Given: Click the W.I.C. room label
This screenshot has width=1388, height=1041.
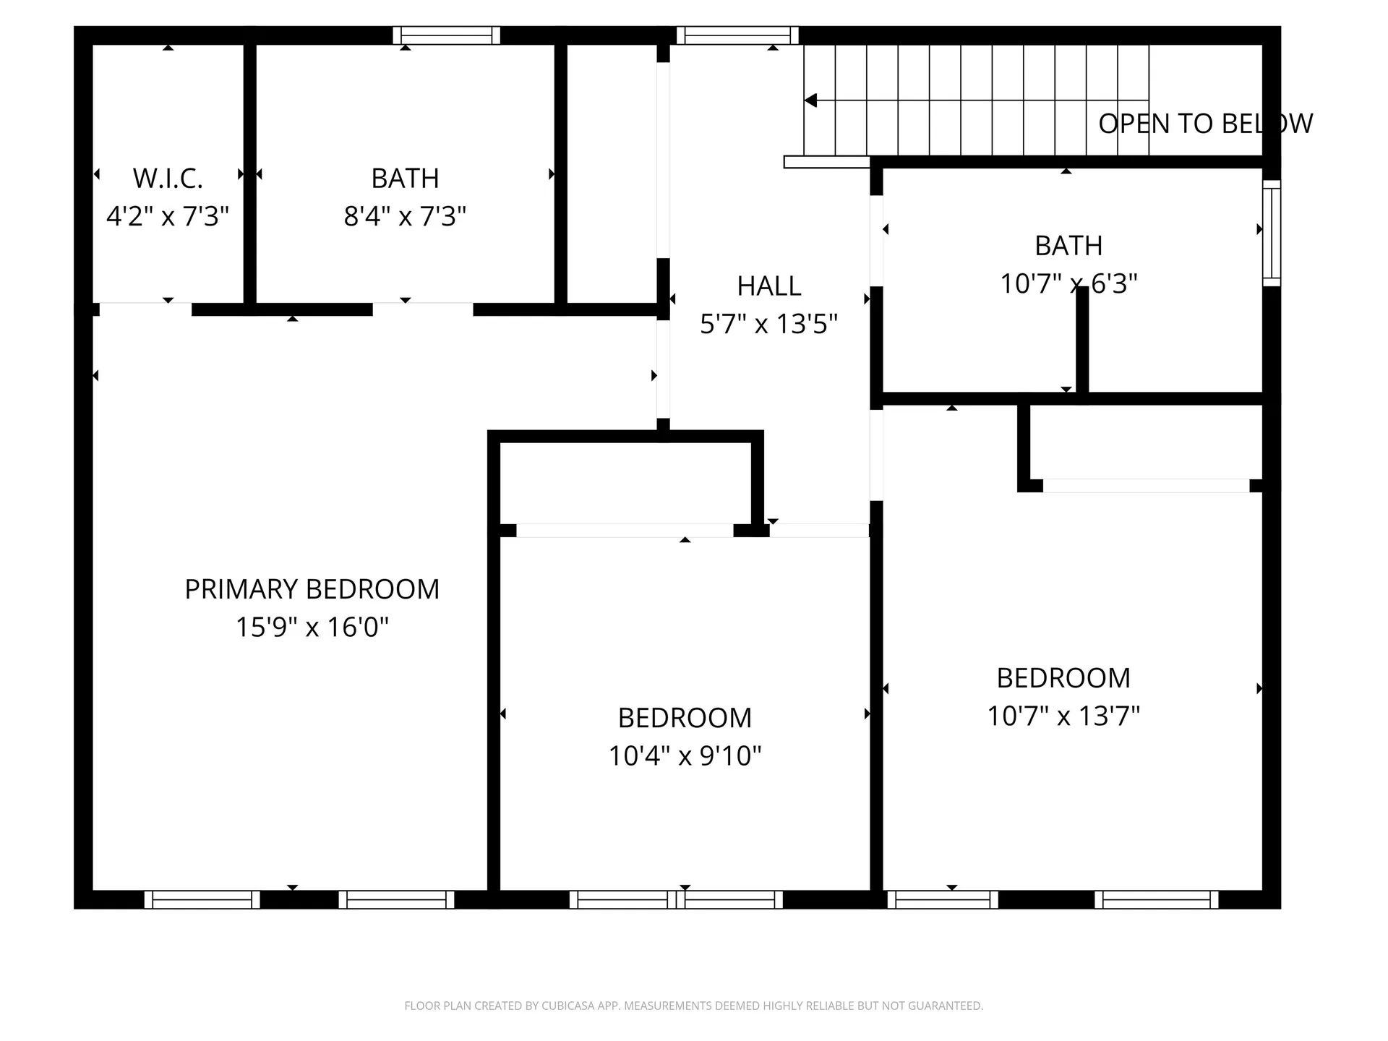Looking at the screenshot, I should point(168,178).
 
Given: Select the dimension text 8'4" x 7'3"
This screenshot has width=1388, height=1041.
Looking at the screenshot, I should point(405,216).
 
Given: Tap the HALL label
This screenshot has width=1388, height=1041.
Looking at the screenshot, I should point(768,286).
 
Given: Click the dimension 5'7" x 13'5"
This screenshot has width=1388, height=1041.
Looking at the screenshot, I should point(768,324).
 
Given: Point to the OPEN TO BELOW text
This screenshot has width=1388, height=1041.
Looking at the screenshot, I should point(1205,124).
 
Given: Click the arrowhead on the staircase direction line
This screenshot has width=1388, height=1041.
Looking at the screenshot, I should point(811,100).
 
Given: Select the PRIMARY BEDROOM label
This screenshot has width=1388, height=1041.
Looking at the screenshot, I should point(312,589).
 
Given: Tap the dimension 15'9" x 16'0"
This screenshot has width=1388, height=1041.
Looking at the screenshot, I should point(312,627).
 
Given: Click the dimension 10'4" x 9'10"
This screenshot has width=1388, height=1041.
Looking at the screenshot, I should point(685,755).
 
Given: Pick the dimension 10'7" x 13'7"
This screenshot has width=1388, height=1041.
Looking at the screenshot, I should point(1063,716).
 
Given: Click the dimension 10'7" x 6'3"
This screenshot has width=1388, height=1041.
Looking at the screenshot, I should point(1068,283).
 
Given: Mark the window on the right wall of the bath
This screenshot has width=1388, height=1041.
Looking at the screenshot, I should point(1272,233).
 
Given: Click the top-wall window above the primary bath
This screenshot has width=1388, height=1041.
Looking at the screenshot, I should point(446,35).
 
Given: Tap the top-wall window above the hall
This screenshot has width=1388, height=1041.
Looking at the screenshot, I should point(737,35).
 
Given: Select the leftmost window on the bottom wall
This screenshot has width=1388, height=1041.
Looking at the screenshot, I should point(202,899).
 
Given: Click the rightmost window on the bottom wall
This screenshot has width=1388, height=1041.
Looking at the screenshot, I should point(1156,899).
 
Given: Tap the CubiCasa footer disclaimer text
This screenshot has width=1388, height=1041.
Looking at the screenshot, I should point(693,1006).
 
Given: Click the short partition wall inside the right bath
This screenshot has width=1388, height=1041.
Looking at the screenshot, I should point(1082,340).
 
